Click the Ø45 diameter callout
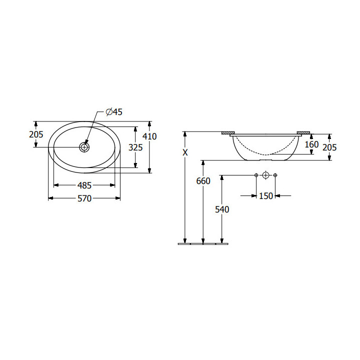pyautogui.click(x=114, y=112)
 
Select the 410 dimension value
pyautogui.click(x=149, y=136)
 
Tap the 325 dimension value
pyautogui.click(x=135, y=147)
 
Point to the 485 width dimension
pyautogui.click(x=84, y=185)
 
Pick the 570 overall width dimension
pyautogui.click(x=84, y=198)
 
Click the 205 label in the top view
pyautogui.click(x=36, y=134)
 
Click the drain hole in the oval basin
pyautogui.click(x=84, y=147)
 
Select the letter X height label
pyautogui.click(x=185, y=152)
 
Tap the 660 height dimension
pyautogui.click(x=203, y=181)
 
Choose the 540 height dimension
pyautogui.click(x=222, y=209)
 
